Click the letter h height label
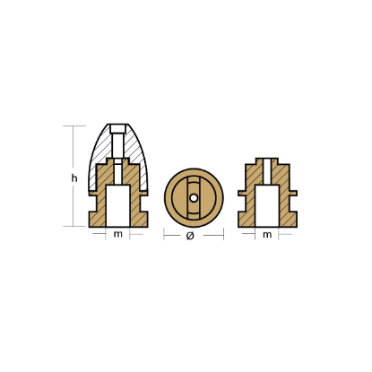74,178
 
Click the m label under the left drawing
118,234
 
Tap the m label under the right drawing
267,235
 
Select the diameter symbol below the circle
190,236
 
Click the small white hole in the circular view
194,198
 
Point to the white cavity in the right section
267,205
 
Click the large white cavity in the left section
118,205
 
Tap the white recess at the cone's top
117,129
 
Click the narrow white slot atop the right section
267,171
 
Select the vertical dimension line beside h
74,176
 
